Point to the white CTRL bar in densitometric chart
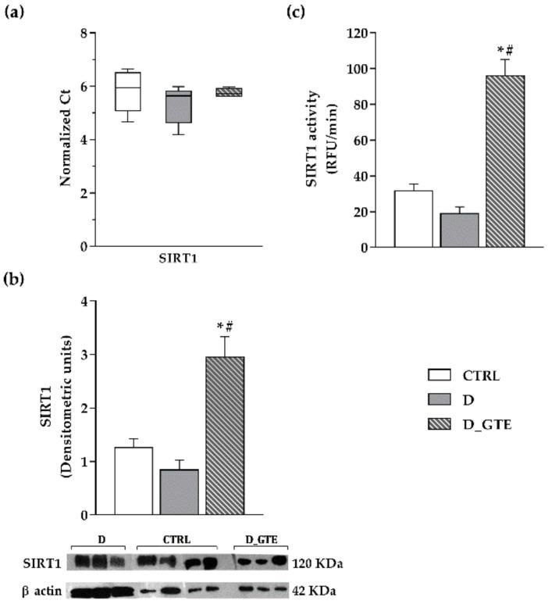pyautogui.click(x=133, y=481)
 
